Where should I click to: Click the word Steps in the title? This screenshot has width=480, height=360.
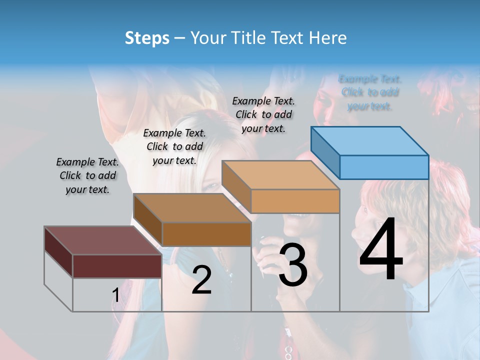point(147,38)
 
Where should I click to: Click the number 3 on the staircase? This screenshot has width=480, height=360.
point(293,266)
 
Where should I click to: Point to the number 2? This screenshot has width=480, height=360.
point(201,280)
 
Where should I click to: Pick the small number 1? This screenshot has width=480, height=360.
point(115,295)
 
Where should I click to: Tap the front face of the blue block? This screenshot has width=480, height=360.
point(384,167)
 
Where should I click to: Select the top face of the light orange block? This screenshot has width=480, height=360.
point(280,175)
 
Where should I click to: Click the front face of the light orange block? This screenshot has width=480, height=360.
point(295,201)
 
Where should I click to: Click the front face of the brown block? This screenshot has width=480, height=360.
point(206,234)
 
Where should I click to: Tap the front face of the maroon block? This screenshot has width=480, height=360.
point(117,266)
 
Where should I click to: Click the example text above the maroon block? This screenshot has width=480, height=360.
point(87,176)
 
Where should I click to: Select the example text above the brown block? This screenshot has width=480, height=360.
point(174,146)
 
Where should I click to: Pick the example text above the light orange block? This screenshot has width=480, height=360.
point(263,114)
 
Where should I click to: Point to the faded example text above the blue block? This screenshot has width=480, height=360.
point(369,92)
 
